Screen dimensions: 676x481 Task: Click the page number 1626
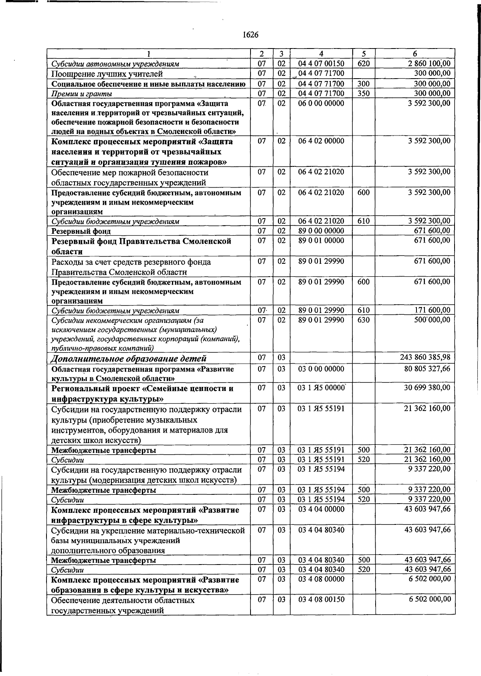[251, 35]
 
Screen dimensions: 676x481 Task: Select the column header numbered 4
[321, 54]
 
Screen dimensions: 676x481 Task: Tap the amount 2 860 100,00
[429, 63]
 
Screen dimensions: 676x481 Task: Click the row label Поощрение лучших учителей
[107, 74]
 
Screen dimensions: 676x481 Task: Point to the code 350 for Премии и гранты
[364, 93]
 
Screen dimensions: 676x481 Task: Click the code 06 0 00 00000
[321, 103]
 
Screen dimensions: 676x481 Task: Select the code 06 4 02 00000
[321, 141]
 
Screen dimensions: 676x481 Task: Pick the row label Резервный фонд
[81, 231]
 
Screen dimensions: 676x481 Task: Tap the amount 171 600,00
[432, 310]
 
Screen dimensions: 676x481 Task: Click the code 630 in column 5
[364, 320]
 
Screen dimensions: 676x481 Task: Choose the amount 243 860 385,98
[425, 357]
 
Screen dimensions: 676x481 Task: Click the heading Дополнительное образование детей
[129, 358]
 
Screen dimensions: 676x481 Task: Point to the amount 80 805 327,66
[427, 368]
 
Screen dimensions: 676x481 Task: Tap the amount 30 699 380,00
[427, 388]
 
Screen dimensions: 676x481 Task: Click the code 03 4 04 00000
[321, 509]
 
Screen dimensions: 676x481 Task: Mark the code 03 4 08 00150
[321, 599]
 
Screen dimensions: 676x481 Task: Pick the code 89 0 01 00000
[321, 241]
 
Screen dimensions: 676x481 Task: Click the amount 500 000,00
[432, 320]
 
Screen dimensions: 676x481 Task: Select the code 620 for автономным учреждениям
[364, 63]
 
